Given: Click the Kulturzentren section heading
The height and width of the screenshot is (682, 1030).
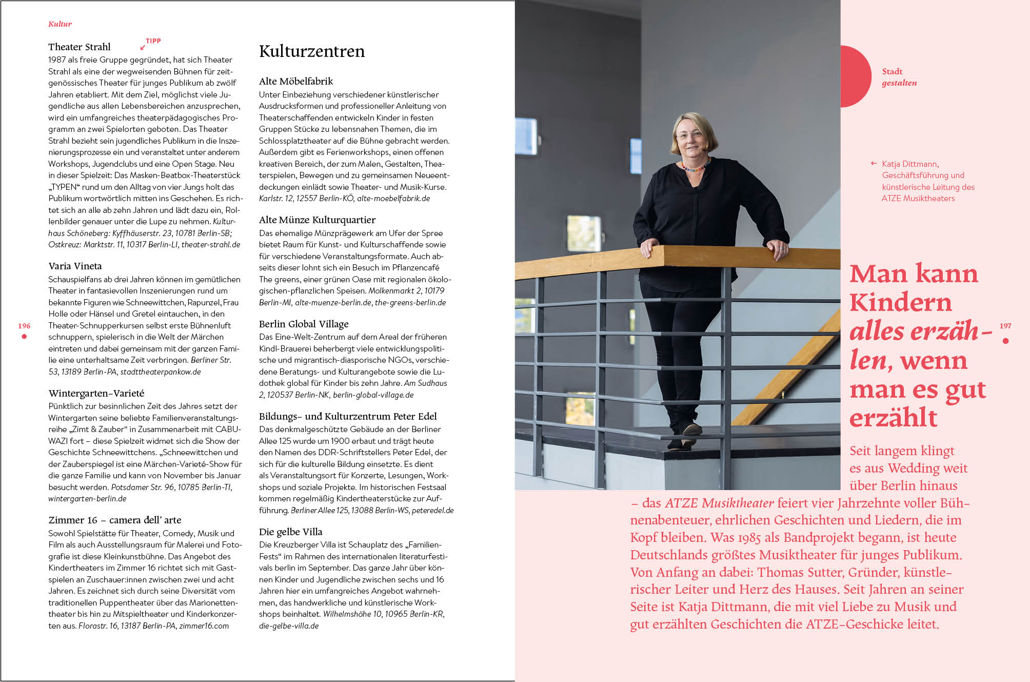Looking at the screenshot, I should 312,51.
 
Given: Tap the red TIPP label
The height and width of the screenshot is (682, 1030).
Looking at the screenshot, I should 153,41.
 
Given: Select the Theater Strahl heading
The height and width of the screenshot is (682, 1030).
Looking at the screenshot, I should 80,47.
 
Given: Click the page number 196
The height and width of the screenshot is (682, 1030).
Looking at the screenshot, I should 24,326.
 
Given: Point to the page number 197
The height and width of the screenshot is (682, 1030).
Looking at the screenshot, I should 1005,326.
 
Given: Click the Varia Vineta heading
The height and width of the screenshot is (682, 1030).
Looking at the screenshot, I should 75,266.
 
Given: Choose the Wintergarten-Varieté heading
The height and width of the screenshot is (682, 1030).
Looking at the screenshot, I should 96,393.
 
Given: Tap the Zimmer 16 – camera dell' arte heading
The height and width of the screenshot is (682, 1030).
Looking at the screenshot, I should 114,520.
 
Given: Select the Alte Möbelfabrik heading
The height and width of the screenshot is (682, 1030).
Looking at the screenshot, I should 296,81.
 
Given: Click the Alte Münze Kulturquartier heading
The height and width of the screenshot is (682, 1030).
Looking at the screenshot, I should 317,220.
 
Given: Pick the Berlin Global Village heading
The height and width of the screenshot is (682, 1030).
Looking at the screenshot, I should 304,324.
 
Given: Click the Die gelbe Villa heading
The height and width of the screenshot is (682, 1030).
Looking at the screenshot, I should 290,532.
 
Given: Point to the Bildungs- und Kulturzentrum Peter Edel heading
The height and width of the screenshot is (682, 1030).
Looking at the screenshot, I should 348,416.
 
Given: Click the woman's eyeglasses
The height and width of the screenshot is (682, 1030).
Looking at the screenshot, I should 690,134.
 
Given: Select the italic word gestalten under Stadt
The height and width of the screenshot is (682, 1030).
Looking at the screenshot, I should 899,83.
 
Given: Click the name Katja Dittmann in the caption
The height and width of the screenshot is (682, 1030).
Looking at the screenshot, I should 910,164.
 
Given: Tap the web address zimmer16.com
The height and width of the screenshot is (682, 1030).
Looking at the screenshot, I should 204,626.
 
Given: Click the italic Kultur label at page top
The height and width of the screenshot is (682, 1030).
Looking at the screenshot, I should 60,24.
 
